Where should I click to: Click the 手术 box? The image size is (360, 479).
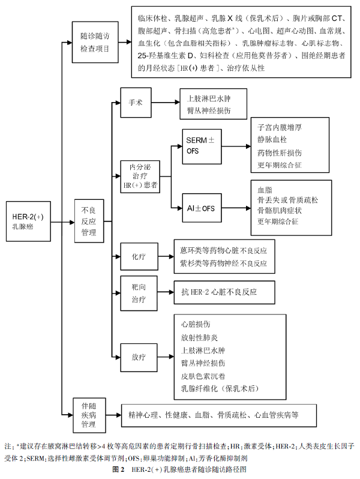[x=136, y=103]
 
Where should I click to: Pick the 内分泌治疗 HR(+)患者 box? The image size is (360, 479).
[x=140, y=175]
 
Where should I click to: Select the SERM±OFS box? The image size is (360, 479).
[x=200, y=145]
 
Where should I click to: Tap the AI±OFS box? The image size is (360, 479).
[x=200, y=208]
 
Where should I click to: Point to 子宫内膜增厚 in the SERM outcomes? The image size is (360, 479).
[x=278, y=128]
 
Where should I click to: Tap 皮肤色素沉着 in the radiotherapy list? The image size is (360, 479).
[x=204, y=376]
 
